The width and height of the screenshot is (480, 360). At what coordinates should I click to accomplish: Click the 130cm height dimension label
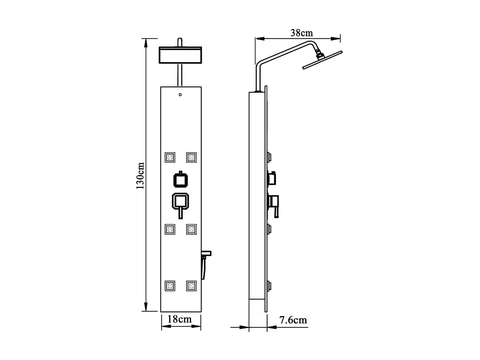pyautogui.click(x=140, y=176)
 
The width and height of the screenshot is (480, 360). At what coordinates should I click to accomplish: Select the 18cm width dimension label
pyautogui.click(x=180, y=319)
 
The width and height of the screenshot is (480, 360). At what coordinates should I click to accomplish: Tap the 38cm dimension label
pyautogui.click(x=301, y=33)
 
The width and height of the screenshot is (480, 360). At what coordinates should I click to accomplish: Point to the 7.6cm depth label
pyautogui.click(x=293, y=320)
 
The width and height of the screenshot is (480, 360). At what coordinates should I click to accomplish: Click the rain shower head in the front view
pyautogui.click(x=180, y=55)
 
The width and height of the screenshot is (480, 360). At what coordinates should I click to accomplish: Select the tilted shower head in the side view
pyautogui.click(x=322, y=60)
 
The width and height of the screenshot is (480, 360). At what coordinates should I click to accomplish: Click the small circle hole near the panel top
pyautogui.click(x=180, y=95)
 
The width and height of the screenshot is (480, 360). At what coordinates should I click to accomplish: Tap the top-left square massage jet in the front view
pyautogui.click(x=170, y=157)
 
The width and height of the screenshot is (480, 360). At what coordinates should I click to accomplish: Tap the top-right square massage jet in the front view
pyautogui.click(x=191, y=157)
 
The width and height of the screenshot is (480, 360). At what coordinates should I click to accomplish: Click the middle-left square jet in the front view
pyautogui.click(x=170, y=229)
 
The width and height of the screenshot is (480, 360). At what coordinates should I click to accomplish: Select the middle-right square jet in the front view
pyautogui.click(x=191, y=229)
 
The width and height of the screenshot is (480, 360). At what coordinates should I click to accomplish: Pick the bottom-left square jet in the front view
pyautogui.click(x=170, y=286)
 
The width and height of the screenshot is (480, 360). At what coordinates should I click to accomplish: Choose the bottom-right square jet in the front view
pyautogui.click(x=191, y=286)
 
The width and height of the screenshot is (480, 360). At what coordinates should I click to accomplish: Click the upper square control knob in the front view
pyautogui.click(x=180, y=180)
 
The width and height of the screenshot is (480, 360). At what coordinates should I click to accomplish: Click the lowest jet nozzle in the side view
pyautogui.click(x=269, y=286)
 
